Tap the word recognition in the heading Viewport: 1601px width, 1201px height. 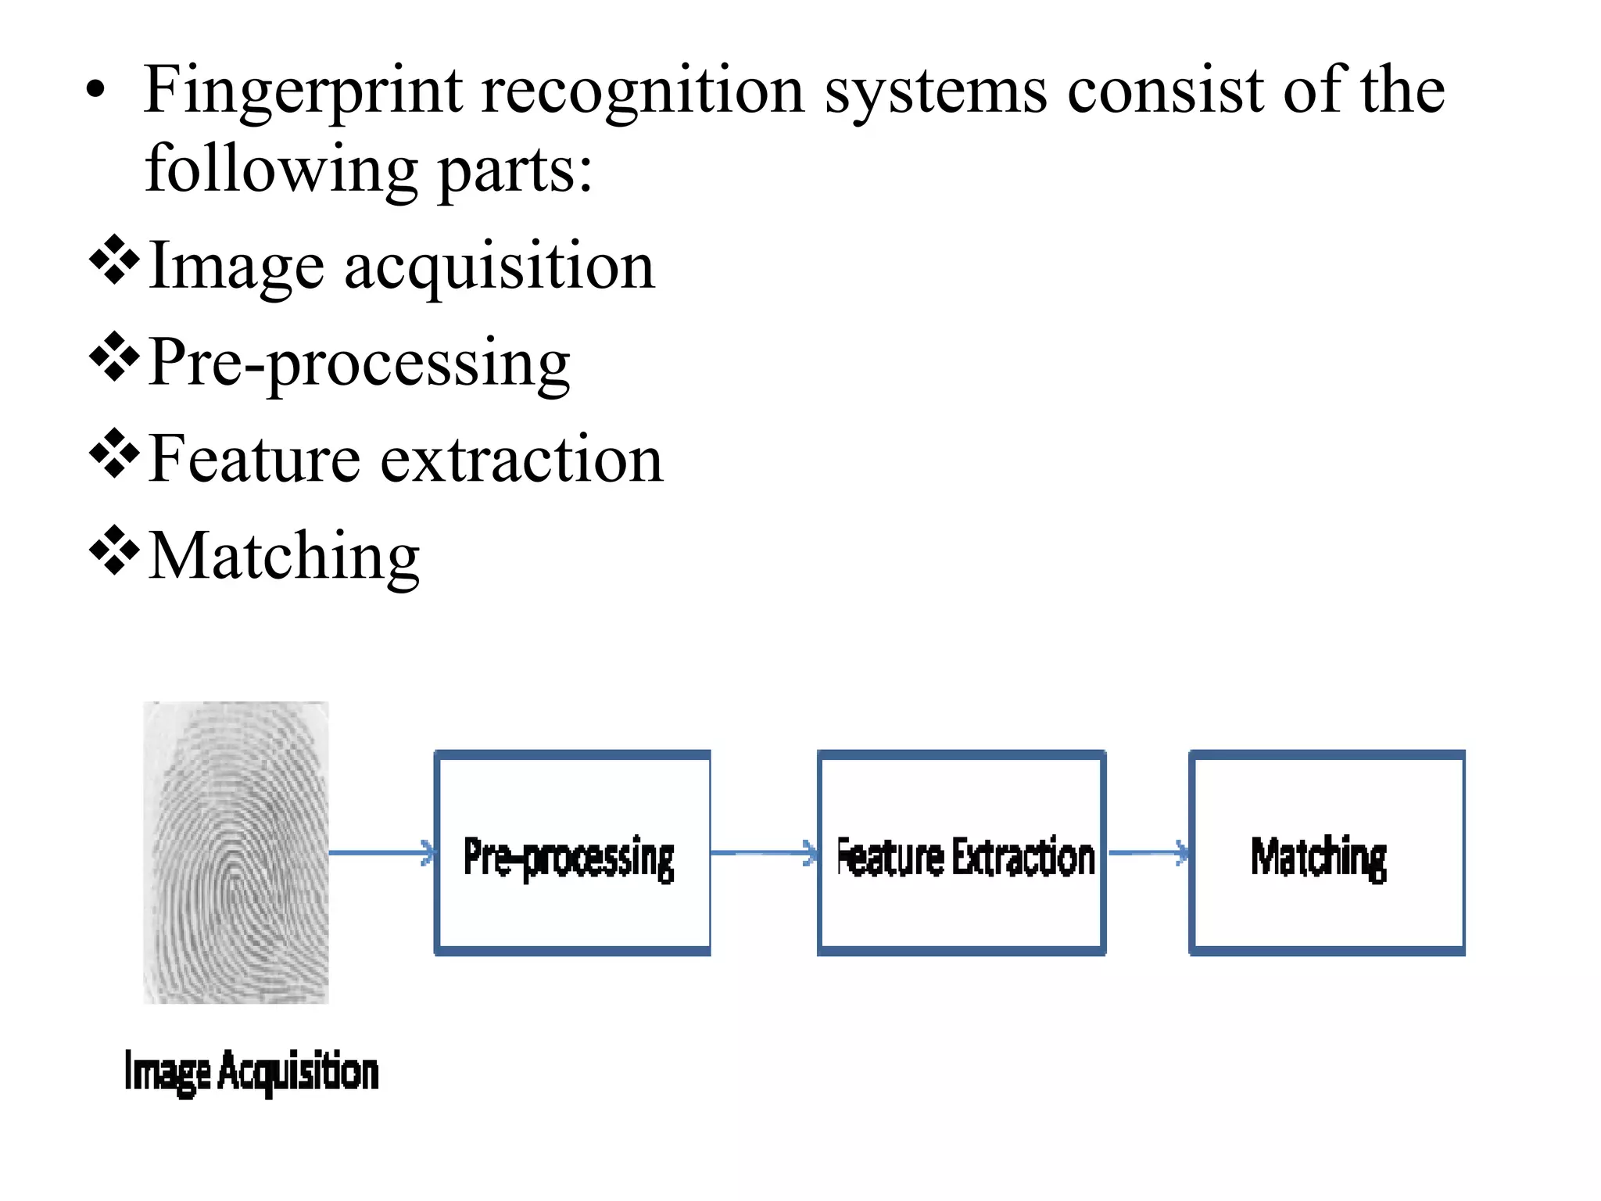643,91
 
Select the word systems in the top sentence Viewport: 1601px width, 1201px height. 936,91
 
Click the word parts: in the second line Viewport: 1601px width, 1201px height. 515,171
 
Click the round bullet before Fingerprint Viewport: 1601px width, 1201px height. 95,91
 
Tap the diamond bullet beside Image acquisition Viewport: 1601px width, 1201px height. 114,260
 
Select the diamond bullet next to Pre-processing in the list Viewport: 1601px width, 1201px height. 114,357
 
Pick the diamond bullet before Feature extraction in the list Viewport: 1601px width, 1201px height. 114,454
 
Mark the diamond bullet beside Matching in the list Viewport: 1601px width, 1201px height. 114,550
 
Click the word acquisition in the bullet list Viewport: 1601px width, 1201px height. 499,267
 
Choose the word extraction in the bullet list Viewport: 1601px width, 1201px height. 521,460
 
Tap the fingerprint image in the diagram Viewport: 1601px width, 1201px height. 236,852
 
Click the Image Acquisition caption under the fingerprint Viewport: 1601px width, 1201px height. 252,1072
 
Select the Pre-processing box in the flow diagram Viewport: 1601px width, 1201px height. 572,853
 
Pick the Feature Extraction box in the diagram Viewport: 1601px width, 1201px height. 962,853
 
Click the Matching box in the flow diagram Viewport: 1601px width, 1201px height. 1327,853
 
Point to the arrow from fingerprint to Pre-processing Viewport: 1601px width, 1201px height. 381,852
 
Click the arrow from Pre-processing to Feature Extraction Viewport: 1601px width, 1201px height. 764,852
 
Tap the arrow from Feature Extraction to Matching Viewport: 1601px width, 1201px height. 1148,852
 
